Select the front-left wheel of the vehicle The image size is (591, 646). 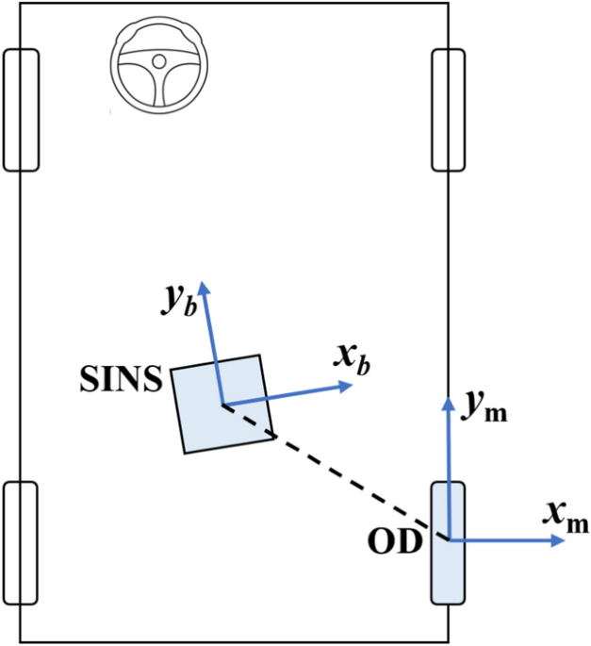click(21, 110)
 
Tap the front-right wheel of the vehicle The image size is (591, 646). click(449, 110)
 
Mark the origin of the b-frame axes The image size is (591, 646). click(222, 406)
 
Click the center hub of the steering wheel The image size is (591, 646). click(158, 61)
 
